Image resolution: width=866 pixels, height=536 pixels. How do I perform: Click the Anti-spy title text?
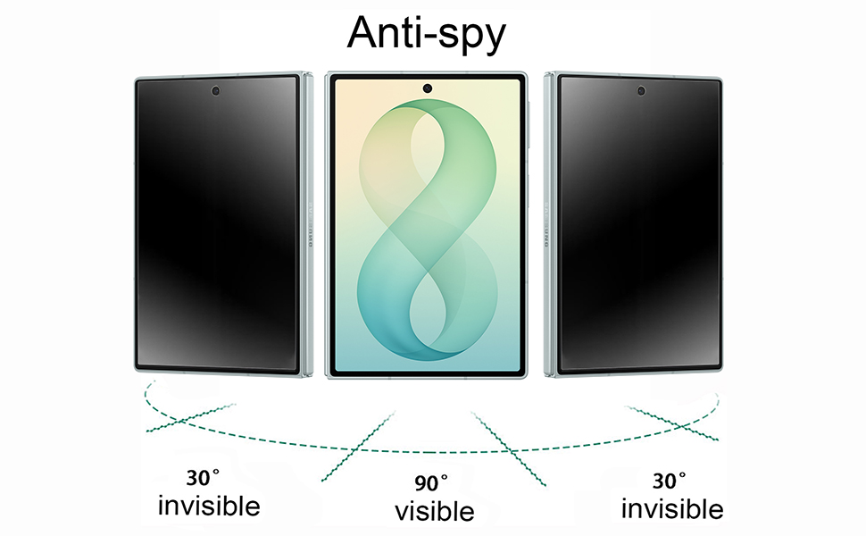(x=427, y=34)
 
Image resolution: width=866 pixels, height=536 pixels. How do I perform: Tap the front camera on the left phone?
(x=215, y=90)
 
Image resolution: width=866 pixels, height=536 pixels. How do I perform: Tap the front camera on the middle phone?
(x=427, y=88)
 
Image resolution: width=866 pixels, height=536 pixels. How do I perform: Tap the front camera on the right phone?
(x=641, y=90)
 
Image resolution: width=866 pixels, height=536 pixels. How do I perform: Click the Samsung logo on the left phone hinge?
(x=310, y=225)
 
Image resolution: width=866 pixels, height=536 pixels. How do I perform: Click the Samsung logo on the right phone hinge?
(x=546, y=225)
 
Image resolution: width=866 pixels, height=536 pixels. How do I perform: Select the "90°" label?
(x=431, y=483)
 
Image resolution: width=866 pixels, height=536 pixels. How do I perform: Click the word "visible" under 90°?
(x=434, y=512)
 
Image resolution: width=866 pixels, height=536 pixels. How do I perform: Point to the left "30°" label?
(x=203, y=477)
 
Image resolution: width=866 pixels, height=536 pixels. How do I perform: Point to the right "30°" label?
(x=669, y=481)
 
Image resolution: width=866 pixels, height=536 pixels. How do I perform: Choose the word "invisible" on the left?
(x=209, y=507)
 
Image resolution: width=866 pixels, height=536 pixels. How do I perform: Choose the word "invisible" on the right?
(x=672, y=509)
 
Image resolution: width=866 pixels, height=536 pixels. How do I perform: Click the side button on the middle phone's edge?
(x=529, y=124)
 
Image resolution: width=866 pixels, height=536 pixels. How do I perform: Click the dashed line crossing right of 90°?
(x=509, y=448)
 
